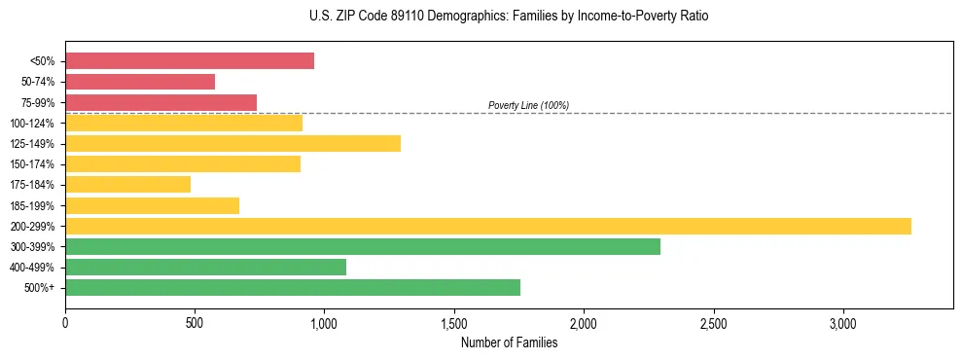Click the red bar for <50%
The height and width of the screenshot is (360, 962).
pos(190,61)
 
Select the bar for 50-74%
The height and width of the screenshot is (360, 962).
pos(140,82)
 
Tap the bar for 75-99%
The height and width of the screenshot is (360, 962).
pos(160,102)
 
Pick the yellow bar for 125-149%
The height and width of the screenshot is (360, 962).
pos(232,144)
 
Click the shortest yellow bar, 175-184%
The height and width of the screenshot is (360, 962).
pos(127,185)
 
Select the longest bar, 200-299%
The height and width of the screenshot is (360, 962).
pos(488,226)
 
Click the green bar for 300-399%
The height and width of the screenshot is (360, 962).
pos(363,246)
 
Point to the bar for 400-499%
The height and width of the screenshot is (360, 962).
pos(205,267)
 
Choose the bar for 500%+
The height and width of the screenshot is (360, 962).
pos(293,287)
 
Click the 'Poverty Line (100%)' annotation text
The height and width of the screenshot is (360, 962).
pos(528,105)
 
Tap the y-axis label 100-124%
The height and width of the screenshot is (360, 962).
pos(33,124)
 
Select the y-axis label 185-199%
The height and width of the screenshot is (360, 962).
pos(33,205)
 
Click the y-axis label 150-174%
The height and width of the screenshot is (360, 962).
pos(33,164)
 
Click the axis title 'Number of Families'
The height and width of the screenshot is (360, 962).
pos(509,342)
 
